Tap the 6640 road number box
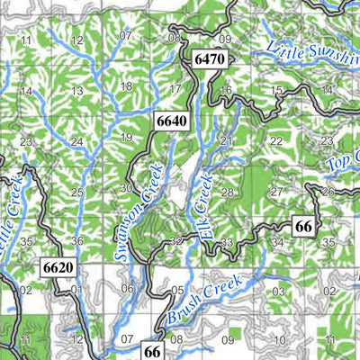point(171,120)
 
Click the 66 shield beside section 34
point(303,227)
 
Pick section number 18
point(126,86)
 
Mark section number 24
point(77,142)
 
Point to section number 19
point(127,138)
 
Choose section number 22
point(275,141)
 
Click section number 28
point(227,193)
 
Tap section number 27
point(276,192)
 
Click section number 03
point(279,292)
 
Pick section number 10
point(279,340)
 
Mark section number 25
point(77,193)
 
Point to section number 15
point(276,90)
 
